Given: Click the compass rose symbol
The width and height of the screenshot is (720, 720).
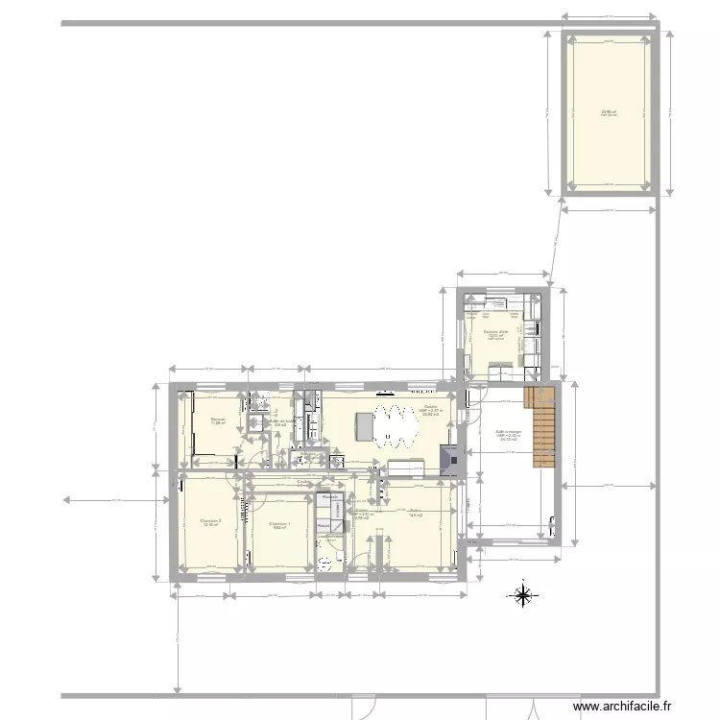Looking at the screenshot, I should click(x=522, y=596).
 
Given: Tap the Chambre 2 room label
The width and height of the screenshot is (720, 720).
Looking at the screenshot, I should click(x=212, y=521).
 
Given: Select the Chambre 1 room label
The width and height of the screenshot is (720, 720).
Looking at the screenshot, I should click(x=279, y=523).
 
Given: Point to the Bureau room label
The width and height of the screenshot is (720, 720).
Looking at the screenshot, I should click(x=218, y=419).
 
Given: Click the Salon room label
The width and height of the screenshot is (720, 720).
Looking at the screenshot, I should click(x=416, y=511).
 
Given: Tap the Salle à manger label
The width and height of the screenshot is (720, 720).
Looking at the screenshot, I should click(x=508, y=432).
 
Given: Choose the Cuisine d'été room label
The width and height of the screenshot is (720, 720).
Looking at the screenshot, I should click(x=496, y=332).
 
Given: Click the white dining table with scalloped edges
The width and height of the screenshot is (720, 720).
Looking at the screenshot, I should click(x=396, y=427).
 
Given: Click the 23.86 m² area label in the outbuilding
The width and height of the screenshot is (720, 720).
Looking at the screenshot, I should click(x=610, y=112).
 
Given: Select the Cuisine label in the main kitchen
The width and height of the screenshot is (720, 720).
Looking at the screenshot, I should click(x=431, y=407).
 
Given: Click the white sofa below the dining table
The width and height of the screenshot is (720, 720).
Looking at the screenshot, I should click(x=405, y=468).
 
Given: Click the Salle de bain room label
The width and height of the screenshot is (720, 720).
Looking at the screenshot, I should click(x=281, y=421).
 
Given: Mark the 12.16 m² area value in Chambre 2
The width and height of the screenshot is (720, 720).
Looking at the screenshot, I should click(x=211, y=526).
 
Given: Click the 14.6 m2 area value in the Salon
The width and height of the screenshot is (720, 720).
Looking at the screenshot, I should click(x=416, y=516).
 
